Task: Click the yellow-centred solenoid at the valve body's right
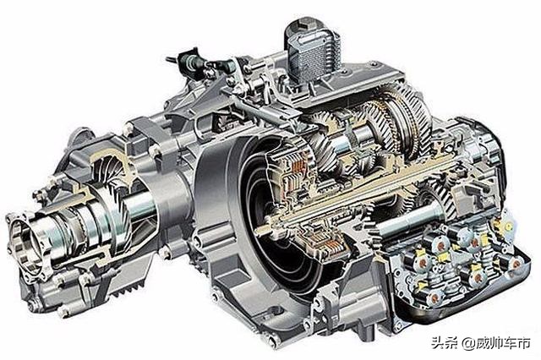click(x=508, y=226)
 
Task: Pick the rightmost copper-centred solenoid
click(x=516, y=264)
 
